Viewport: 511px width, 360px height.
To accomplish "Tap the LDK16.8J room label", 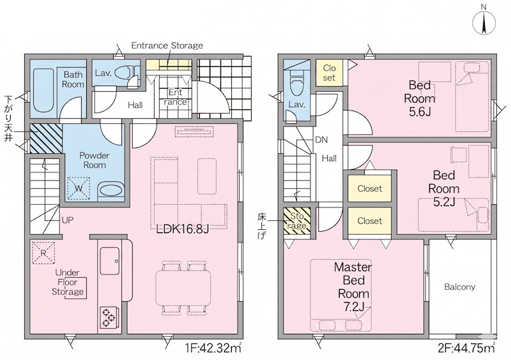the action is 183,229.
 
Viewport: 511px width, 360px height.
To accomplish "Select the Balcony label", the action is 460,287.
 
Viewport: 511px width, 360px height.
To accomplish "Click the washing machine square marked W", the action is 79,188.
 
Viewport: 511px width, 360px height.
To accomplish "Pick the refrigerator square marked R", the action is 43,253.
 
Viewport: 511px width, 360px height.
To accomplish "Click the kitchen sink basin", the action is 109,261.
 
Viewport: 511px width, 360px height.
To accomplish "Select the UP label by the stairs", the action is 68,220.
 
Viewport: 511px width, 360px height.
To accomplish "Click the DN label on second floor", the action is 321,140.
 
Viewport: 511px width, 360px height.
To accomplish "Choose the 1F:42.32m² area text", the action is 213,349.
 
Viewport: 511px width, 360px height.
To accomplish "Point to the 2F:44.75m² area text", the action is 467,349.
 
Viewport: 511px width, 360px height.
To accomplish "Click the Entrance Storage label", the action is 167,45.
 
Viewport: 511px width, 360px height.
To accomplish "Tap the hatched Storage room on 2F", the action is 297,221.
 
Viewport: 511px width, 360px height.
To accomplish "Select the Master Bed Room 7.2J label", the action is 353,287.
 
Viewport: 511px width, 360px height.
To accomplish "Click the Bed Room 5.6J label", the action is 420,99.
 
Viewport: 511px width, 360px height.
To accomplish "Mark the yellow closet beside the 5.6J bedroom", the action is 329,73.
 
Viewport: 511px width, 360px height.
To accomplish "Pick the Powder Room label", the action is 95,160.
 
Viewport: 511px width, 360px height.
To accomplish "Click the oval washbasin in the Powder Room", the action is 111,190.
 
